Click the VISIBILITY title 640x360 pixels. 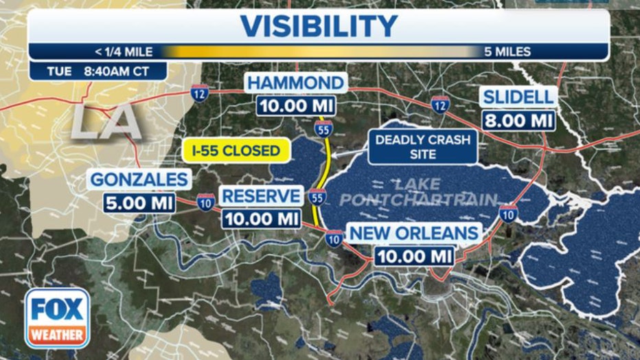[x=318, y=26]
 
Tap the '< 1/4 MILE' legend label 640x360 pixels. [x=124, y=52]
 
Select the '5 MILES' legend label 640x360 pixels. [x=507, y=52]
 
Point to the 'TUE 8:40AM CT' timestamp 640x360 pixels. [x=98, y=71]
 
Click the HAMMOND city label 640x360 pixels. [x=295, y=84]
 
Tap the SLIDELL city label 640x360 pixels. [x=518, y=97]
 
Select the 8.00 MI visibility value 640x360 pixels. [x=518, y=120]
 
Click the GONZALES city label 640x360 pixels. [x=139, y=180]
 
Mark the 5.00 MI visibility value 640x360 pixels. [x=139, y=203]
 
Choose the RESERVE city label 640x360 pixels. [x=261, y=196]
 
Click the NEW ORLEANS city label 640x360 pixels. [x=414, y=233]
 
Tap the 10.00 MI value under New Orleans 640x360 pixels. [x=414, y=256]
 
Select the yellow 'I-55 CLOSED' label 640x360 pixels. [x=235, y=150]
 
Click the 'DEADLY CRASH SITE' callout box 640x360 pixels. [x=422, y=147]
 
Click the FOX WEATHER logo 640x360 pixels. [x=58, y=317]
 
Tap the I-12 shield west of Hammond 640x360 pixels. [x=199, y=93]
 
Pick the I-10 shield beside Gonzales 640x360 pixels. [x=205, y=201]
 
